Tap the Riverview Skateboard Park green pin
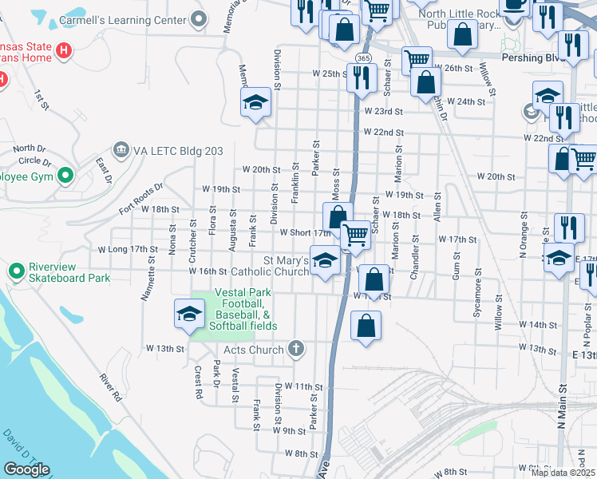click(16, 272)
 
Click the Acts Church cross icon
click(296, 349)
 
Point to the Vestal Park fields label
click(245, 310)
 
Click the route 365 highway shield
click(363, 58)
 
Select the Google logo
click(26, 469)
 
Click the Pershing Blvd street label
click(533, 57)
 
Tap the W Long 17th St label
click(128, 249)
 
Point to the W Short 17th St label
click(305, 232)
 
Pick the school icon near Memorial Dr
click(255, 102)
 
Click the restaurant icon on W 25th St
click(363, 77)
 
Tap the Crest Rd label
click(197, 382)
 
